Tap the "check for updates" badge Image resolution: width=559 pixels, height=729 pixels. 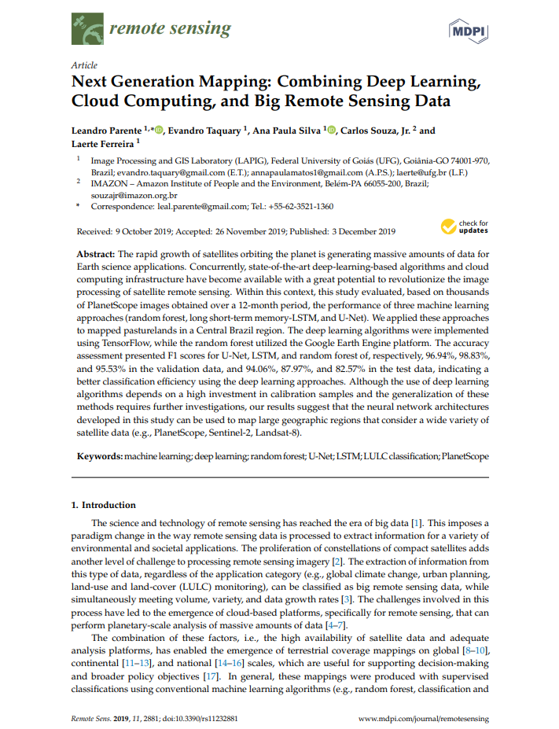coord(465,227)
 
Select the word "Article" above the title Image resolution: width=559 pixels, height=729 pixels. coord(84,65)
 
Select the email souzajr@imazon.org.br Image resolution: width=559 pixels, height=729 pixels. coord(134,194)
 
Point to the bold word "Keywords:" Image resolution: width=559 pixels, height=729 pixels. coord(100,456)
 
